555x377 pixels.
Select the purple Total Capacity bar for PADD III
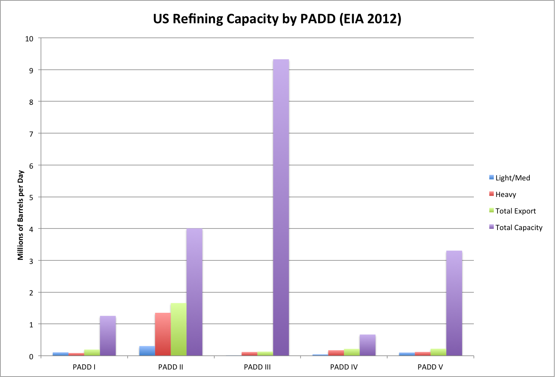[x=281, y=208]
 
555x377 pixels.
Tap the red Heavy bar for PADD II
[x=163, y=334]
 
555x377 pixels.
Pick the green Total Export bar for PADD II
[x=178, y=329]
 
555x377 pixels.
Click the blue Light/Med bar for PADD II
[x=147, y=351]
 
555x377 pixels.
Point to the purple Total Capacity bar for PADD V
[x=454, y=303]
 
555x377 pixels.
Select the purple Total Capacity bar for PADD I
[x=108, y=336]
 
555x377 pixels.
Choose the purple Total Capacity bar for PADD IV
[x=368, y=345]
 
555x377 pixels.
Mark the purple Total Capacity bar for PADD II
[x=195, y=292]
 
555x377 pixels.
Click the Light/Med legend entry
[x=510, y=178]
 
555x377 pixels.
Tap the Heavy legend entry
[x=503, y=194]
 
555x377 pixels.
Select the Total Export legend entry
[x=512, y=211]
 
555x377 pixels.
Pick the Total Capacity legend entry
[x=516, y=228]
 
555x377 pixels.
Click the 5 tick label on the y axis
[x=31, y=198]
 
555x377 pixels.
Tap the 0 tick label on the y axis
[x=31, y=357]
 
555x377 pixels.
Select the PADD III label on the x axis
[x=257, y=367]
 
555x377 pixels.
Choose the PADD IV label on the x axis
[x=344, y=367]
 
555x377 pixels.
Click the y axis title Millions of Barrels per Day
[x=20, y=215]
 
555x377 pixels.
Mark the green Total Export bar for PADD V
[x=438, y=352]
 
